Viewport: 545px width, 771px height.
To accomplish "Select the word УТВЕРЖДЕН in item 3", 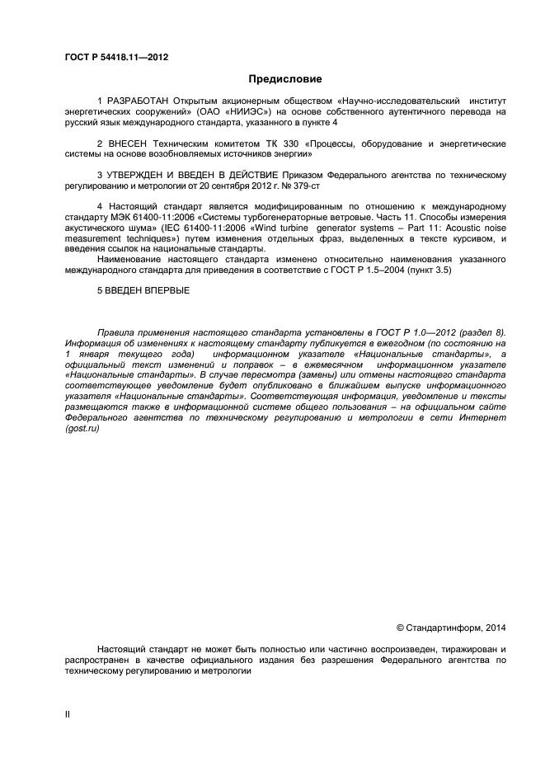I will coord(138,176).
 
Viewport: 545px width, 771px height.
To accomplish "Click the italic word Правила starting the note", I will coord(115,332).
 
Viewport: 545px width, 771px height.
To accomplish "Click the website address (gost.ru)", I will coord(81,429).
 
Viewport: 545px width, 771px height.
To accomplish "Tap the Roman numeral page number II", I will coord(68,715).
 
